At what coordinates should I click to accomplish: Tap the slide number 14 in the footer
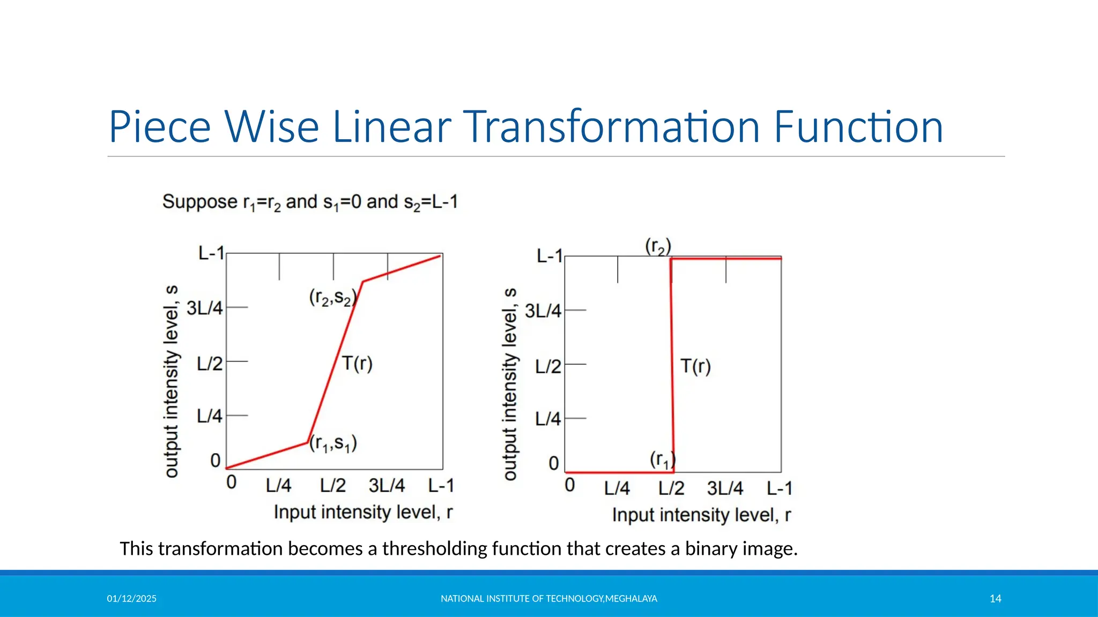995,599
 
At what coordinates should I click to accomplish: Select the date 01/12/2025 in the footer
131,599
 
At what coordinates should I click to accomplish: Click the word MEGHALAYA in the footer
631,599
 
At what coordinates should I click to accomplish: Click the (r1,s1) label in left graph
332,443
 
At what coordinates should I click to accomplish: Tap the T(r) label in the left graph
357,364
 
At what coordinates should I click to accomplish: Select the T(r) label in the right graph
695,367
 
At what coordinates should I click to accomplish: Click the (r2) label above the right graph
658,247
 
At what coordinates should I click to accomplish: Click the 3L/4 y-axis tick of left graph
204,308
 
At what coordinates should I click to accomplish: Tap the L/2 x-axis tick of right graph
671,488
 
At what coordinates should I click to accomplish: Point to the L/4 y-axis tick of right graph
547,419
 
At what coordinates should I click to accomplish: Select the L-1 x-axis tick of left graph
441,486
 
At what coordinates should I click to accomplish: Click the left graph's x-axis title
363,513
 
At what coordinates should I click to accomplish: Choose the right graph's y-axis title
510,384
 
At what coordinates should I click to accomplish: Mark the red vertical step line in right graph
672,364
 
